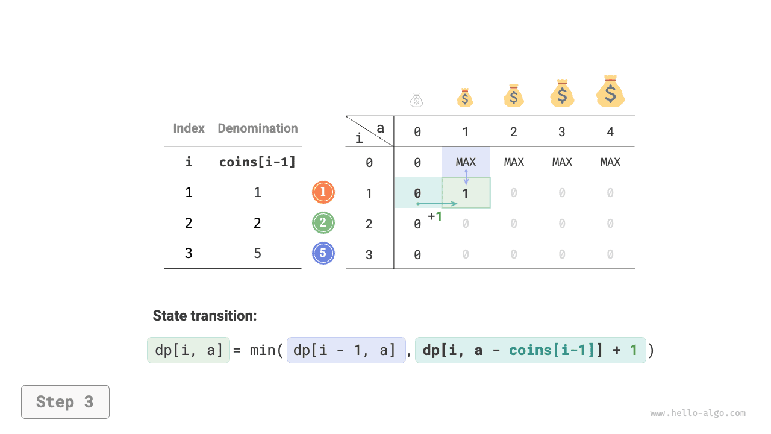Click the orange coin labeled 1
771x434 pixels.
pyautogui.click(x=323, y=192)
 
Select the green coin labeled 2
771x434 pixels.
pyautogui.click(x=323, y=223)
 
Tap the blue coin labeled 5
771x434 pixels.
pyautogui.click(x=323, y=253)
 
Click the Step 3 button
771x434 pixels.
pyautogui.click(x=65, y=402)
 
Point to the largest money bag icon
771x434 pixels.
pyautogui.click(x=610, y=92)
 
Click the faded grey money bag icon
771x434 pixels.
pyautogui.click(x=417, y=99)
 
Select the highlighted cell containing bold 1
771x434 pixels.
pyautogui.click(x=466, y=193)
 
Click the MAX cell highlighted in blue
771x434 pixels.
pyautogui.click(x=466, y=162)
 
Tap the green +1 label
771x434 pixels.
pyautogui.click(x=435, y=216)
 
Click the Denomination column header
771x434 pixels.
pyautogui.click(x=258, y=128)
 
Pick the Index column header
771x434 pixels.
pyautogui.click(x=189, y=128)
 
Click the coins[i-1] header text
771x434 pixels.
pyautogui.click(x=258, y=162)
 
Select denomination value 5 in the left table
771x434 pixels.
pyautogui.click(x=258, y=253)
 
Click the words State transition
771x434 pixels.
pyautogui.click(x=205, y=316)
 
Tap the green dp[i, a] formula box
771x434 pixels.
pyautogui.click(x=189, y=350)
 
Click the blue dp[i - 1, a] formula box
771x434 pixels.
pyautogui.click(x=346, y=350)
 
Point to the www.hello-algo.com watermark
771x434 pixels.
pyautogui.click(x=698, y=414)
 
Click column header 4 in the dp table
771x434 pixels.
pyautogui.click(x=610, y=132)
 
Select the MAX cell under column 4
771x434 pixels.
pyautogui.click(x=610, y=162)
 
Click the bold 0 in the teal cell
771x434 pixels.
pyautogui.click(x=417, y=193)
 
